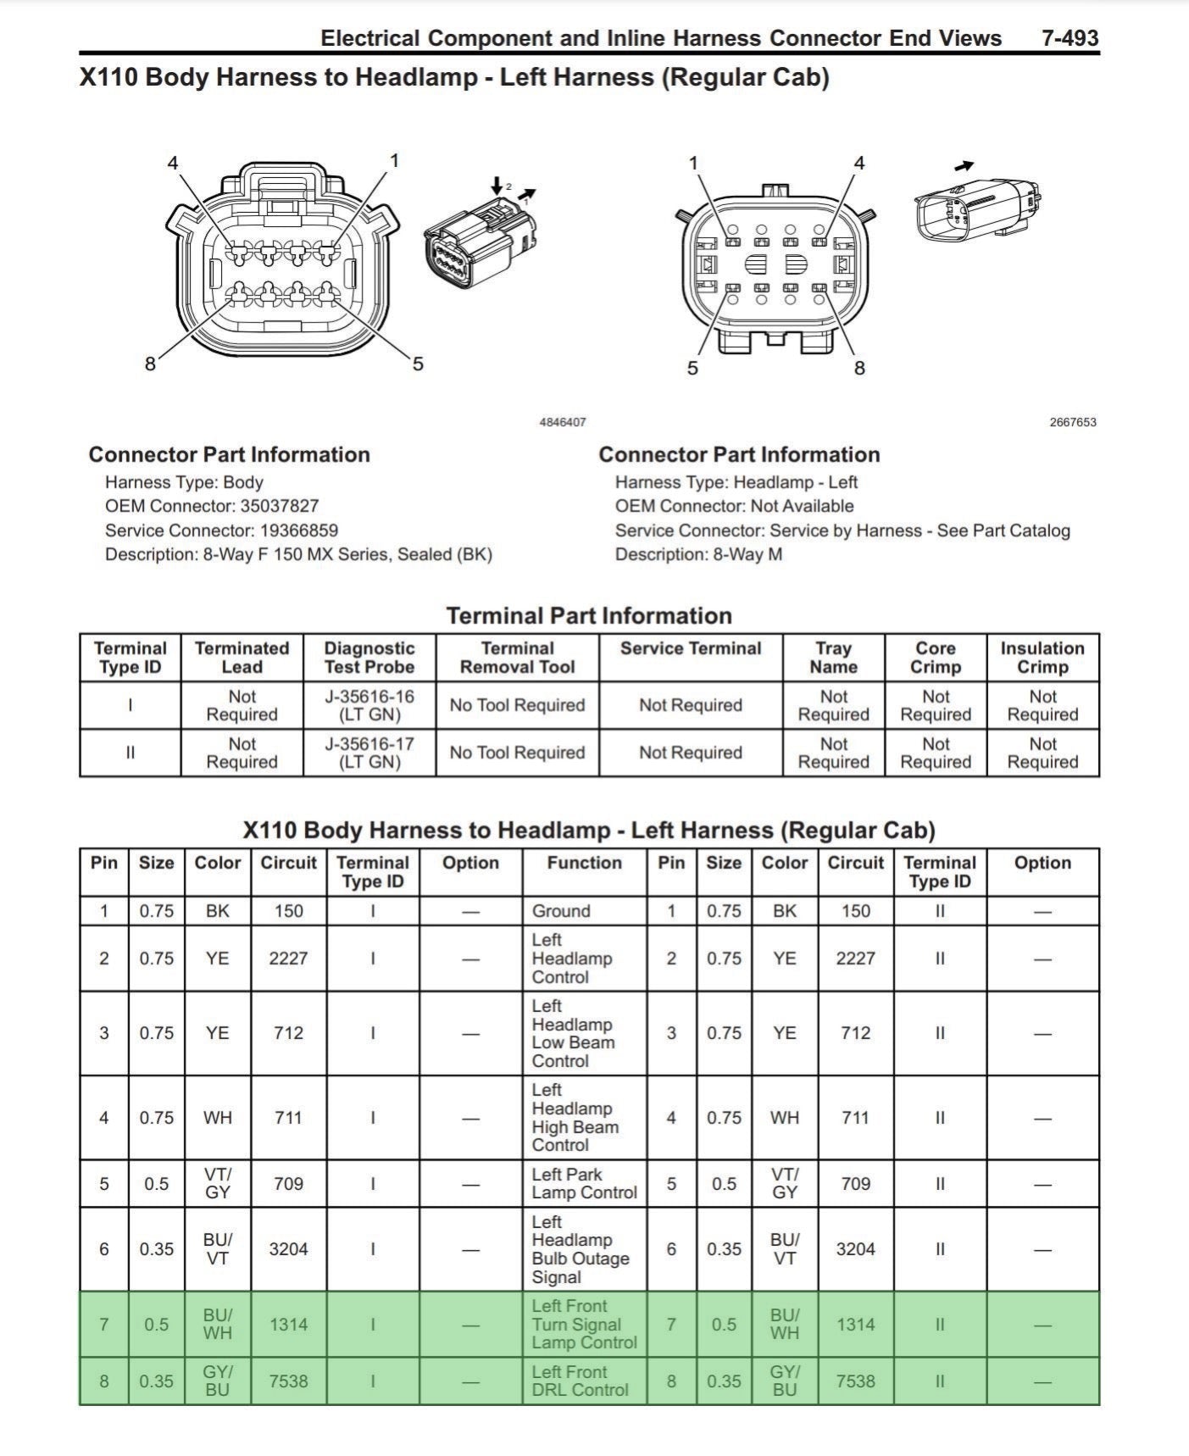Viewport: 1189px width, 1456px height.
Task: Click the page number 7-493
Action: click(x=1070, y=38)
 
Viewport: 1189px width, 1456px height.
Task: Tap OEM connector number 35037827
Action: click(x=279, y=506)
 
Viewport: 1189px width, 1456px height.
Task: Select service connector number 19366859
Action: click(x=298, y=531)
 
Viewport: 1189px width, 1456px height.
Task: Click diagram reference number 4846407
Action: click(x=563, y=422)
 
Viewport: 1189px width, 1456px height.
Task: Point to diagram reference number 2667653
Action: click(x=1073, y=422)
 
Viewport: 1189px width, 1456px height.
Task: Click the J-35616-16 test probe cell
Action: click(x=369, y=705)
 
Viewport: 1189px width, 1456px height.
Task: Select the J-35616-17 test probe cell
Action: click(x=369, y=753)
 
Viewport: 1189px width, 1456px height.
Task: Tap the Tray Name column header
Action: click(x=833, y=658)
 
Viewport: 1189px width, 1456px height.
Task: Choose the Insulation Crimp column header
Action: click(x=1042, y=658)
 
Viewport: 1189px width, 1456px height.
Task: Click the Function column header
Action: click(x=584, y=863)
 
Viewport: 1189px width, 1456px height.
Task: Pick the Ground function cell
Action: click(x=561, y=911)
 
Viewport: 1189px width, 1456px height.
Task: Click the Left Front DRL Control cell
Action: click(x=580, y=1381)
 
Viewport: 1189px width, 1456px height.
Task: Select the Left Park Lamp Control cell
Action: click(x=584, y=1183)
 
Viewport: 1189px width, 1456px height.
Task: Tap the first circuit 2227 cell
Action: click(x=288, y=959)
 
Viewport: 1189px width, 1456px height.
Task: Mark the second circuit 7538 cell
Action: click(x=855, y=1381)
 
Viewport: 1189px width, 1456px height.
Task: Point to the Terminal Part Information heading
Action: click(x=589, y=615)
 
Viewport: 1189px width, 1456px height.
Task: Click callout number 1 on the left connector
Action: click(x=394, y=160)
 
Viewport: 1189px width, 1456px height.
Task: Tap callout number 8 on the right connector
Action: click(x=859, y=368)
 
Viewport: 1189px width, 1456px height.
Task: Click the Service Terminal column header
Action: click(x=691, y=649)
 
